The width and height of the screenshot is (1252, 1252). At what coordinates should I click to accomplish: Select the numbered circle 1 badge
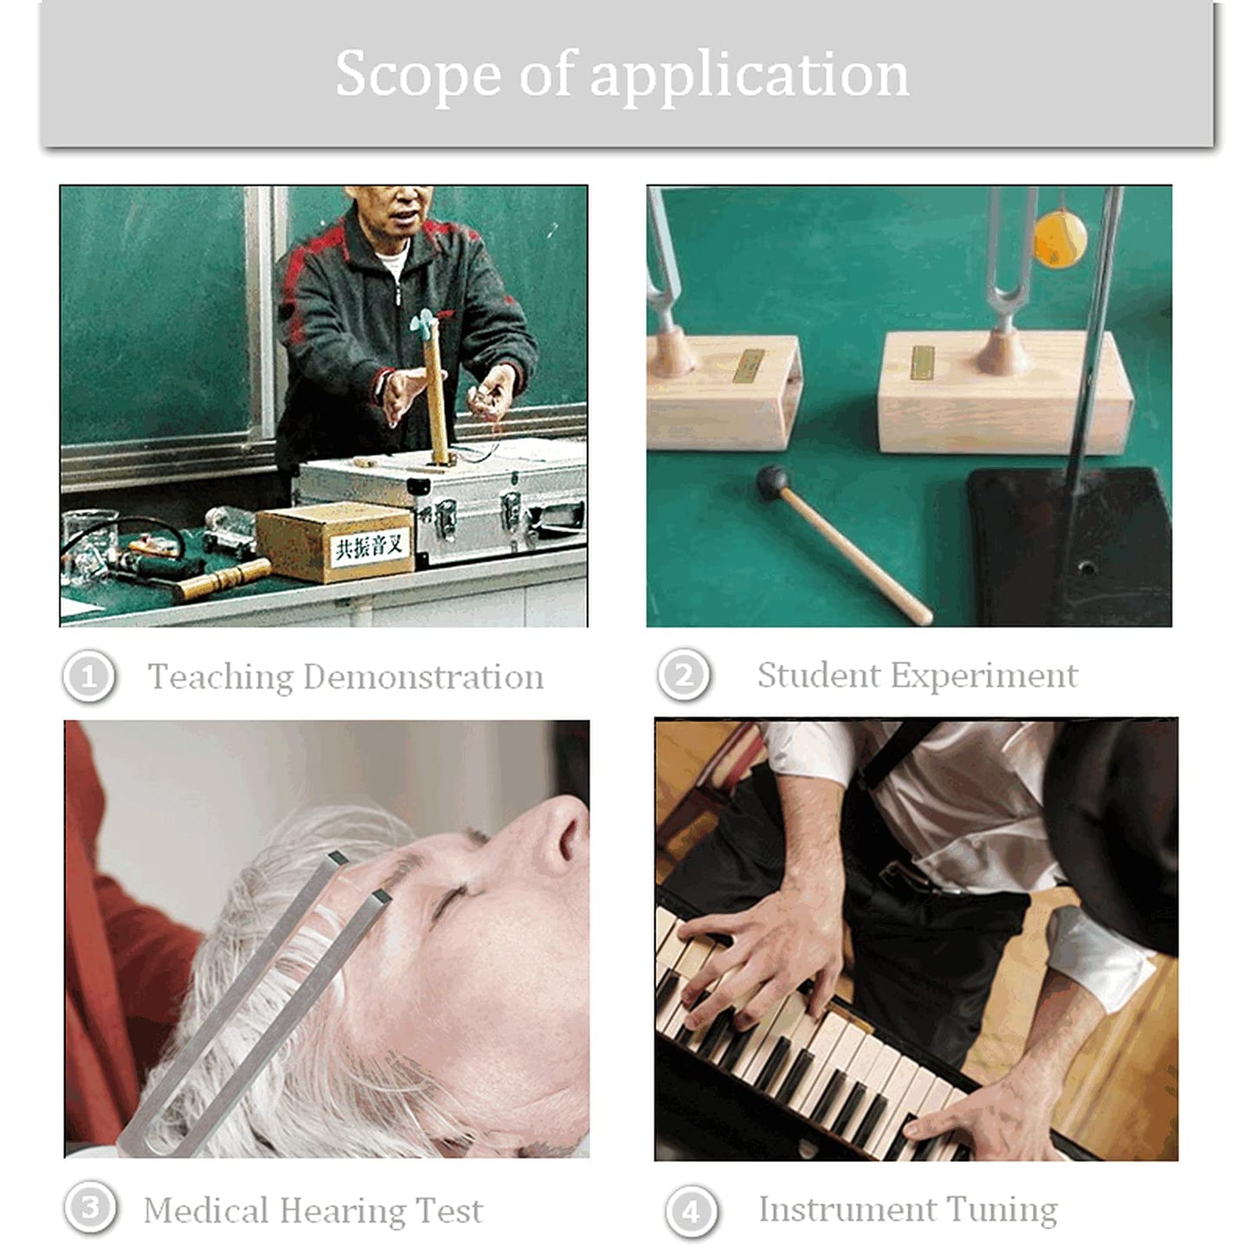[89, 677]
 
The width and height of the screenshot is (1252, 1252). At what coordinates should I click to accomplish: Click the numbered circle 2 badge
[684, 675]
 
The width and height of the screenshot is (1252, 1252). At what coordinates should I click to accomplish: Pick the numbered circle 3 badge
[91, 1208]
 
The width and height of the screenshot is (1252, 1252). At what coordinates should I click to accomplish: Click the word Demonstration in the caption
[423, 677]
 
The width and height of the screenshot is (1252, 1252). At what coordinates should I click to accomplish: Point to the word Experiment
[983, 677]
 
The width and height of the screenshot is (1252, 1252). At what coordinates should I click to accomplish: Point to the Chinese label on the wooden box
[370, 548]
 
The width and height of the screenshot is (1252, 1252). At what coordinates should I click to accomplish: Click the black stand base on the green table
[1069, 549]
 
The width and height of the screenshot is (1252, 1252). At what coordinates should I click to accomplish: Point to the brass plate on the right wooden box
[923, 362]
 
